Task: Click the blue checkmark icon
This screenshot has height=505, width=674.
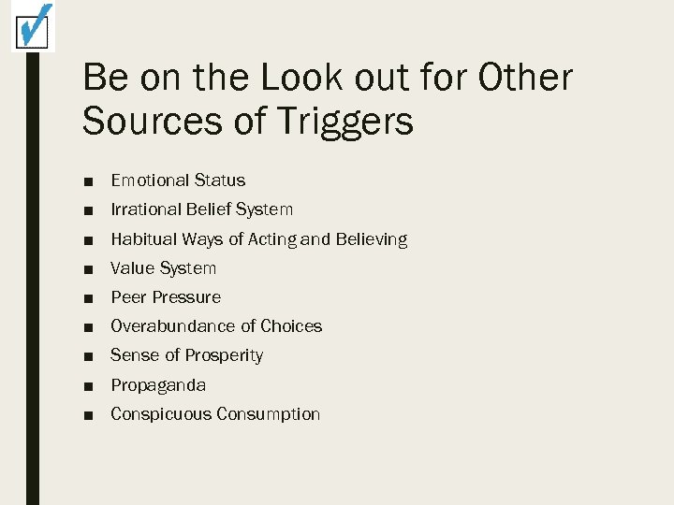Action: coord(33,26)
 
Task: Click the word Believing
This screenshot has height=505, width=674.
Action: coord(372,239)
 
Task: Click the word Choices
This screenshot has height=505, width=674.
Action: coord(291,326)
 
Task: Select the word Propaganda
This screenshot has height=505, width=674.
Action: coord(158,385)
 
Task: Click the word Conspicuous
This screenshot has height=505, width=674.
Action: coord(160,414)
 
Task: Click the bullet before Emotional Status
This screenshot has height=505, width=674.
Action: coord(88,181)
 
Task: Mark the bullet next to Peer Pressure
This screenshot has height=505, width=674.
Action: coord(88,298)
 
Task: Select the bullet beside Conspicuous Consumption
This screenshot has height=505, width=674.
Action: coord(88,415)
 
